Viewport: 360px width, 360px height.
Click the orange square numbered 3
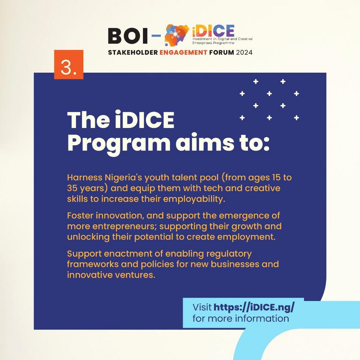69,65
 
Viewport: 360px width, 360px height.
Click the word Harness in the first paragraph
82,177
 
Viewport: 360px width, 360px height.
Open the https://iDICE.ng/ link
254,307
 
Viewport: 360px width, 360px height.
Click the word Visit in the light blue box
202,307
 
